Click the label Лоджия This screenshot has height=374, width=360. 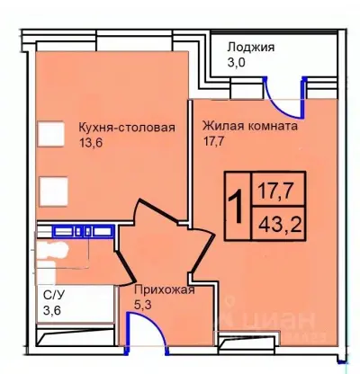tap(251, 48)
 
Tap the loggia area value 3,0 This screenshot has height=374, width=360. tap(236, 63)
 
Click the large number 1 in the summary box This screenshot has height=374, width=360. tap(237, 206)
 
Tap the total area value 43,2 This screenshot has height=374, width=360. tap(280, 220)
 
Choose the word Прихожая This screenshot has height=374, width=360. tap(164, 289)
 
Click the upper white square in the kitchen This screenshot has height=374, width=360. tap(50, 134)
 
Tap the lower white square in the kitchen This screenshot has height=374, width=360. tap(54, 190)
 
